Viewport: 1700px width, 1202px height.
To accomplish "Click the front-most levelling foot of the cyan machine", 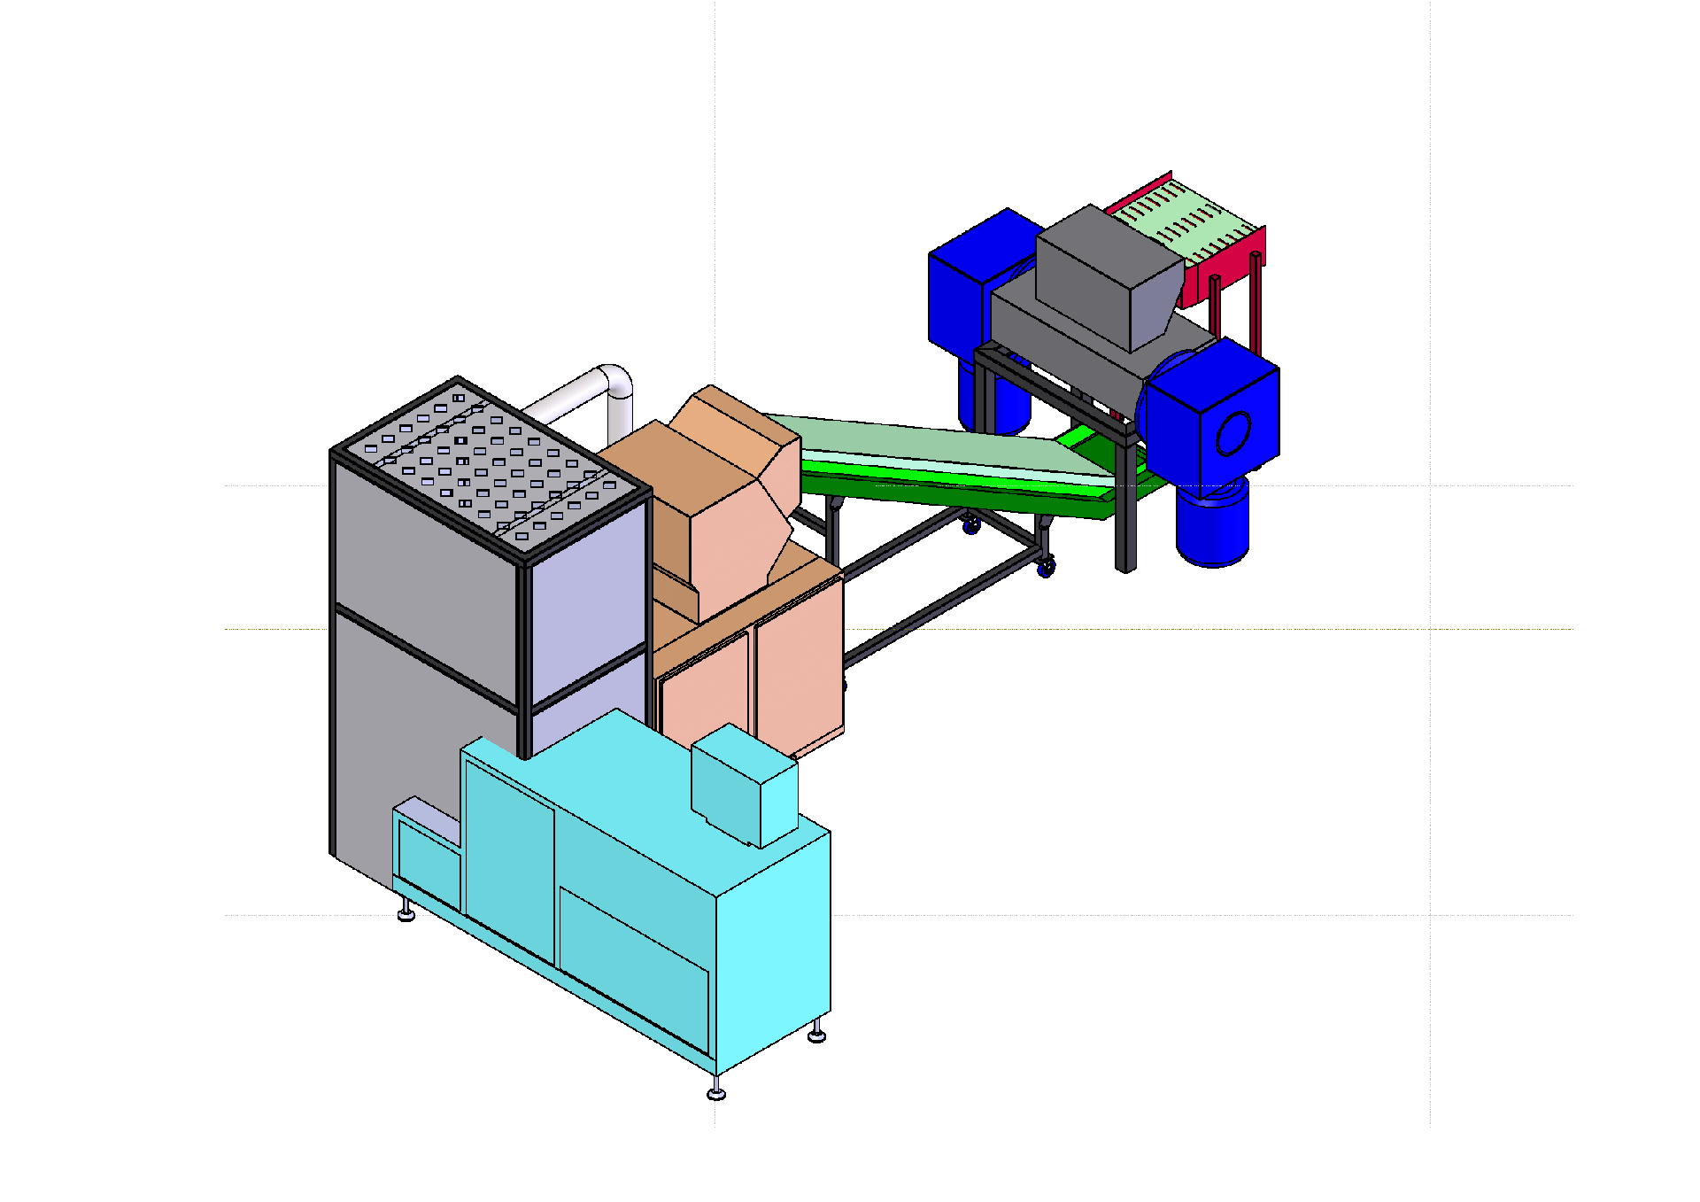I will (716, 1092).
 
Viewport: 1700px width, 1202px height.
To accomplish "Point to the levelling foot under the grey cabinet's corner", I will (406, 912).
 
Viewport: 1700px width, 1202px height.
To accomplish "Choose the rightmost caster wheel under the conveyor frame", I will (1047, 567).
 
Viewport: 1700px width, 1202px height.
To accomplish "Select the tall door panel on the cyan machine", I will (509, 859).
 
